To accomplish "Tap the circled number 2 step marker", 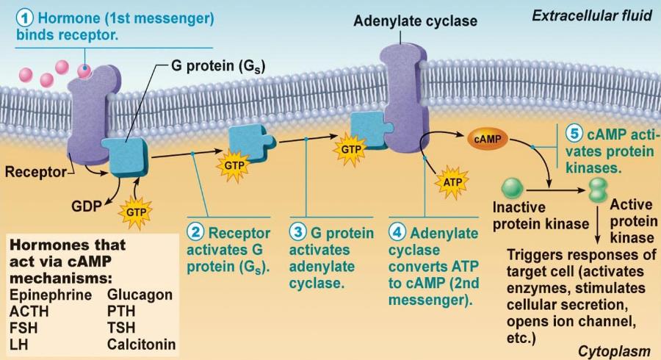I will [x=195, y=233].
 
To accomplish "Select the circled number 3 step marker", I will [x=297, y=233].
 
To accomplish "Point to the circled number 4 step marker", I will [x=397, y=233].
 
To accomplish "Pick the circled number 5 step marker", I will [x=575, y=134].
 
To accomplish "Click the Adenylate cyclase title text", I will [x=415, y=21].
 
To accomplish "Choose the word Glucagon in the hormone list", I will [x=140, y=295].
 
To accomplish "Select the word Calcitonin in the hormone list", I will [x=142, y=344].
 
